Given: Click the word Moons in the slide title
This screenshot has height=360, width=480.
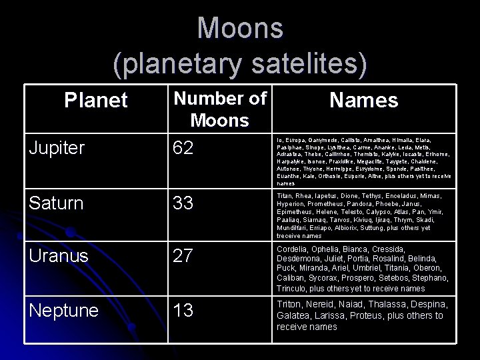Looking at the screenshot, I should point(240,28).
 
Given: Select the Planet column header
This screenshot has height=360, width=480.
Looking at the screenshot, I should point(95,101).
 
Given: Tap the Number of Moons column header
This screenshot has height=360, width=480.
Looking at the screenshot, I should point(219,109).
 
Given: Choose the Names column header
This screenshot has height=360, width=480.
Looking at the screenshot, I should point(363,101).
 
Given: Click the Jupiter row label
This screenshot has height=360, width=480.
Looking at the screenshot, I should point(57,148).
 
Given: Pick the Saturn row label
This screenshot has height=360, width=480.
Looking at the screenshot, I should point(56,203).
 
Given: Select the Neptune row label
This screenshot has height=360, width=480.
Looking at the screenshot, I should point(65,311).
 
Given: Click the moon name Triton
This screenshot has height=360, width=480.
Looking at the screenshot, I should point(291,304).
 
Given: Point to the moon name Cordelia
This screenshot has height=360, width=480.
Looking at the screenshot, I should point(295,248).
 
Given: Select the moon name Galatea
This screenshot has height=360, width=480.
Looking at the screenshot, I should point(295,315).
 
